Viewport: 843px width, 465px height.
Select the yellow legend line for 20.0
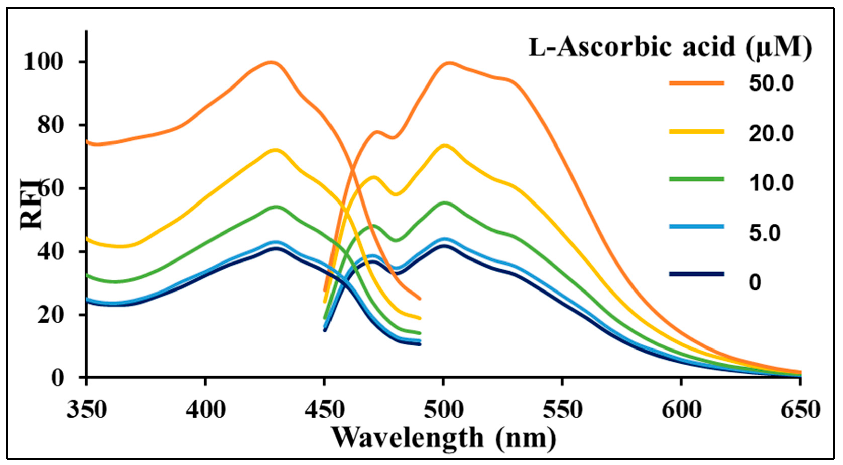[696, 132]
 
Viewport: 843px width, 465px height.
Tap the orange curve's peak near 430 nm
[271, 62]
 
